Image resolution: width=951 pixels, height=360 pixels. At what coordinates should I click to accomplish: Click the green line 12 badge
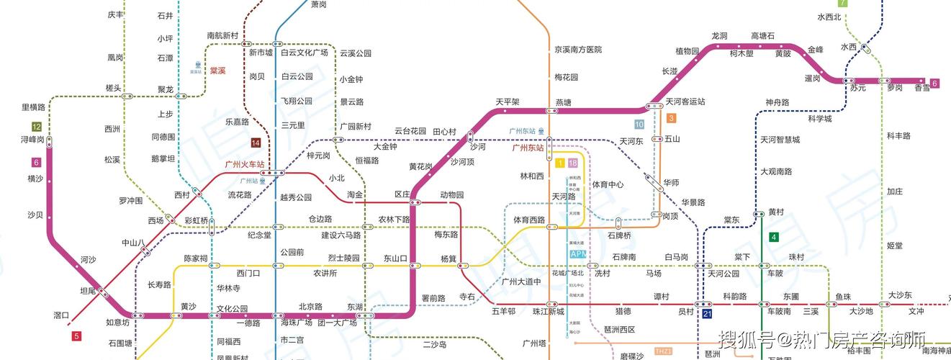[x=37, y=127]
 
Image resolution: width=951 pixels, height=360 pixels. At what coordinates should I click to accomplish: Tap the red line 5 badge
[x=77, y=336]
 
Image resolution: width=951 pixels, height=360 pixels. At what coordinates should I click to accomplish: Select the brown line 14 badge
[x=255, y=142]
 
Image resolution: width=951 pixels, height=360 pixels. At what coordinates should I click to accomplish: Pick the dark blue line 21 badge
[x=708, y=315]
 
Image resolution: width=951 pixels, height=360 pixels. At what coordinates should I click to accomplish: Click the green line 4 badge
[x=774, y=238]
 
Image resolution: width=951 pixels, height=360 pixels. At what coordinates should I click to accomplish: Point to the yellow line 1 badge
[x=559, y=163]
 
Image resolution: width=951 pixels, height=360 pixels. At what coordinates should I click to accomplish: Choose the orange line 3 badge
[x=671, y=119]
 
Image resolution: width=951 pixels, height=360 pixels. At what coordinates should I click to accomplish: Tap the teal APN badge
[x=578, y=254]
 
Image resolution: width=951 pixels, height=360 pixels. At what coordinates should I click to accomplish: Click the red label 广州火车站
[x=245, y=165]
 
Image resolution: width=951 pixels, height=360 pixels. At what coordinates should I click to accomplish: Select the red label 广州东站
[x=528, y=148]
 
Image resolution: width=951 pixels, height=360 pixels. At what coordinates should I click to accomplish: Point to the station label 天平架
[x=508, y=102]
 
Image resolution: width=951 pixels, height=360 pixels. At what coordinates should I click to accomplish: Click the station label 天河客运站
[x=685, y=102]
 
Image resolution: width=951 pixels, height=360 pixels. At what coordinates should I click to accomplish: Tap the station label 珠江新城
[x=548, y=311]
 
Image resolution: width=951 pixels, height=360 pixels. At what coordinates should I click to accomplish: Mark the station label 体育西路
[x=529, y=220]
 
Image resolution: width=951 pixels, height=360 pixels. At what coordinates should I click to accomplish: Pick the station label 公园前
[x=292, y=252]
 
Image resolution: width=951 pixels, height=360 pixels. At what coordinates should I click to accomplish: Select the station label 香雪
[x=922, y=89]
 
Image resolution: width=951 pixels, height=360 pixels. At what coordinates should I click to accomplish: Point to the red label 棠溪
[x=218, y=71]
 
